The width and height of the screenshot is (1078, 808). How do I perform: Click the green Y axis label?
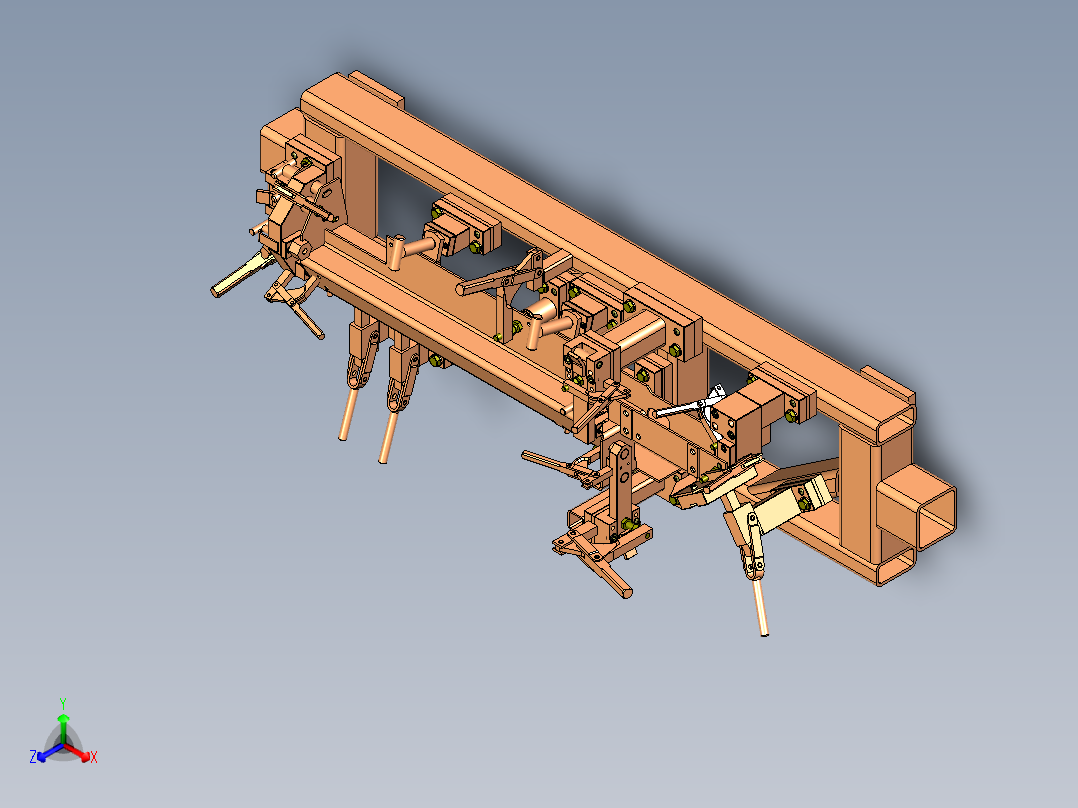coord(63,702)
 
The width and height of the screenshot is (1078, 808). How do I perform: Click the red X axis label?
coord(94,758)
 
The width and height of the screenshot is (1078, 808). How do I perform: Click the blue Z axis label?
coord(33,758)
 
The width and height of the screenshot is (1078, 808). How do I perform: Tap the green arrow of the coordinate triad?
coord(63,724)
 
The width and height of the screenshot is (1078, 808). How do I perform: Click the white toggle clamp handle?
coord(690,406)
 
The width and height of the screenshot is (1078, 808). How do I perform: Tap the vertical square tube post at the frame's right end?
coord(860,500)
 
